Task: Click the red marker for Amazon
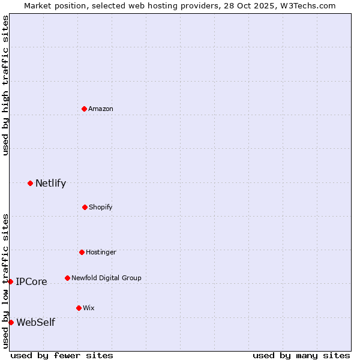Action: pos(84,109)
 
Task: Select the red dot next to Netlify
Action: pos(30,183)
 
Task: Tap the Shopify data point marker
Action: pos(85,207)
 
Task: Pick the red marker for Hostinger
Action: pos(82,252)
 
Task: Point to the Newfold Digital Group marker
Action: pos(67,278)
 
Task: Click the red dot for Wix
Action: pos(79,308)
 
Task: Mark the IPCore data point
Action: pos(10,281)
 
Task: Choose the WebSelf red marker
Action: pos(11,322)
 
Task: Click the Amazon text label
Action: pos(101,109)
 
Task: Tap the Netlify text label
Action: pos(50,183)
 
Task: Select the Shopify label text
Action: pos(101,207)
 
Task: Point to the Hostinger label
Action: pos(101,252)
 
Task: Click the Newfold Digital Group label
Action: pos(106,278)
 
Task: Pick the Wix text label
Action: pos(89,308)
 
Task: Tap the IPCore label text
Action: pos(31,281)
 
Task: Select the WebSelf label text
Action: pos(35,322)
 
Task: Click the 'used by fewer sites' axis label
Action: pos(62,355)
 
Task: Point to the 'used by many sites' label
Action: pos(301,355)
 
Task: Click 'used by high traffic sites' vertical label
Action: pos(5,86)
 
